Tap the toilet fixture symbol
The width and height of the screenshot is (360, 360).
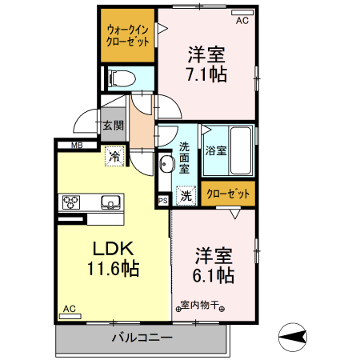119,78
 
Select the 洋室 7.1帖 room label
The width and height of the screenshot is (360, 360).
206,65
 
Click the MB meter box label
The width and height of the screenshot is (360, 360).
78,145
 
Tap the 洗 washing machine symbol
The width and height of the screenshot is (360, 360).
185,194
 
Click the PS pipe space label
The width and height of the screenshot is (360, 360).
163,200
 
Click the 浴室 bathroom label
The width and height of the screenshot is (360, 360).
215,150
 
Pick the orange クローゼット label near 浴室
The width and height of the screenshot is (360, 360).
228,194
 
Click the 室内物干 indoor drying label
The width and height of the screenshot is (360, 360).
200,306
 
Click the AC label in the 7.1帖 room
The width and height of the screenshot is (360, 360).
242,21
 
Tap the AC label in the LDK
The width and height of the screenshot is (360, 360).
70,309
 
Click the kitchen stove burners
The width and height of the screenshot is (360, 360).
70,202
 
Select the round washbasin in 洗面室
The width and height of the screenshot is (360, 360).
166,165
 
